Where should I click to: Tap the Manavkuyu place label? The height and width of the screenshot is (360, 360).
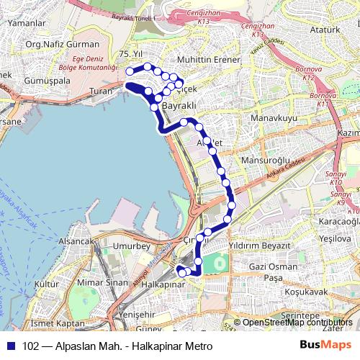click(x=274, y=116)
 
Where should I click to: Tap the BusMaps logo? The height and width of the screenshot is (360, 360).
click(x=321, y=345)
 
